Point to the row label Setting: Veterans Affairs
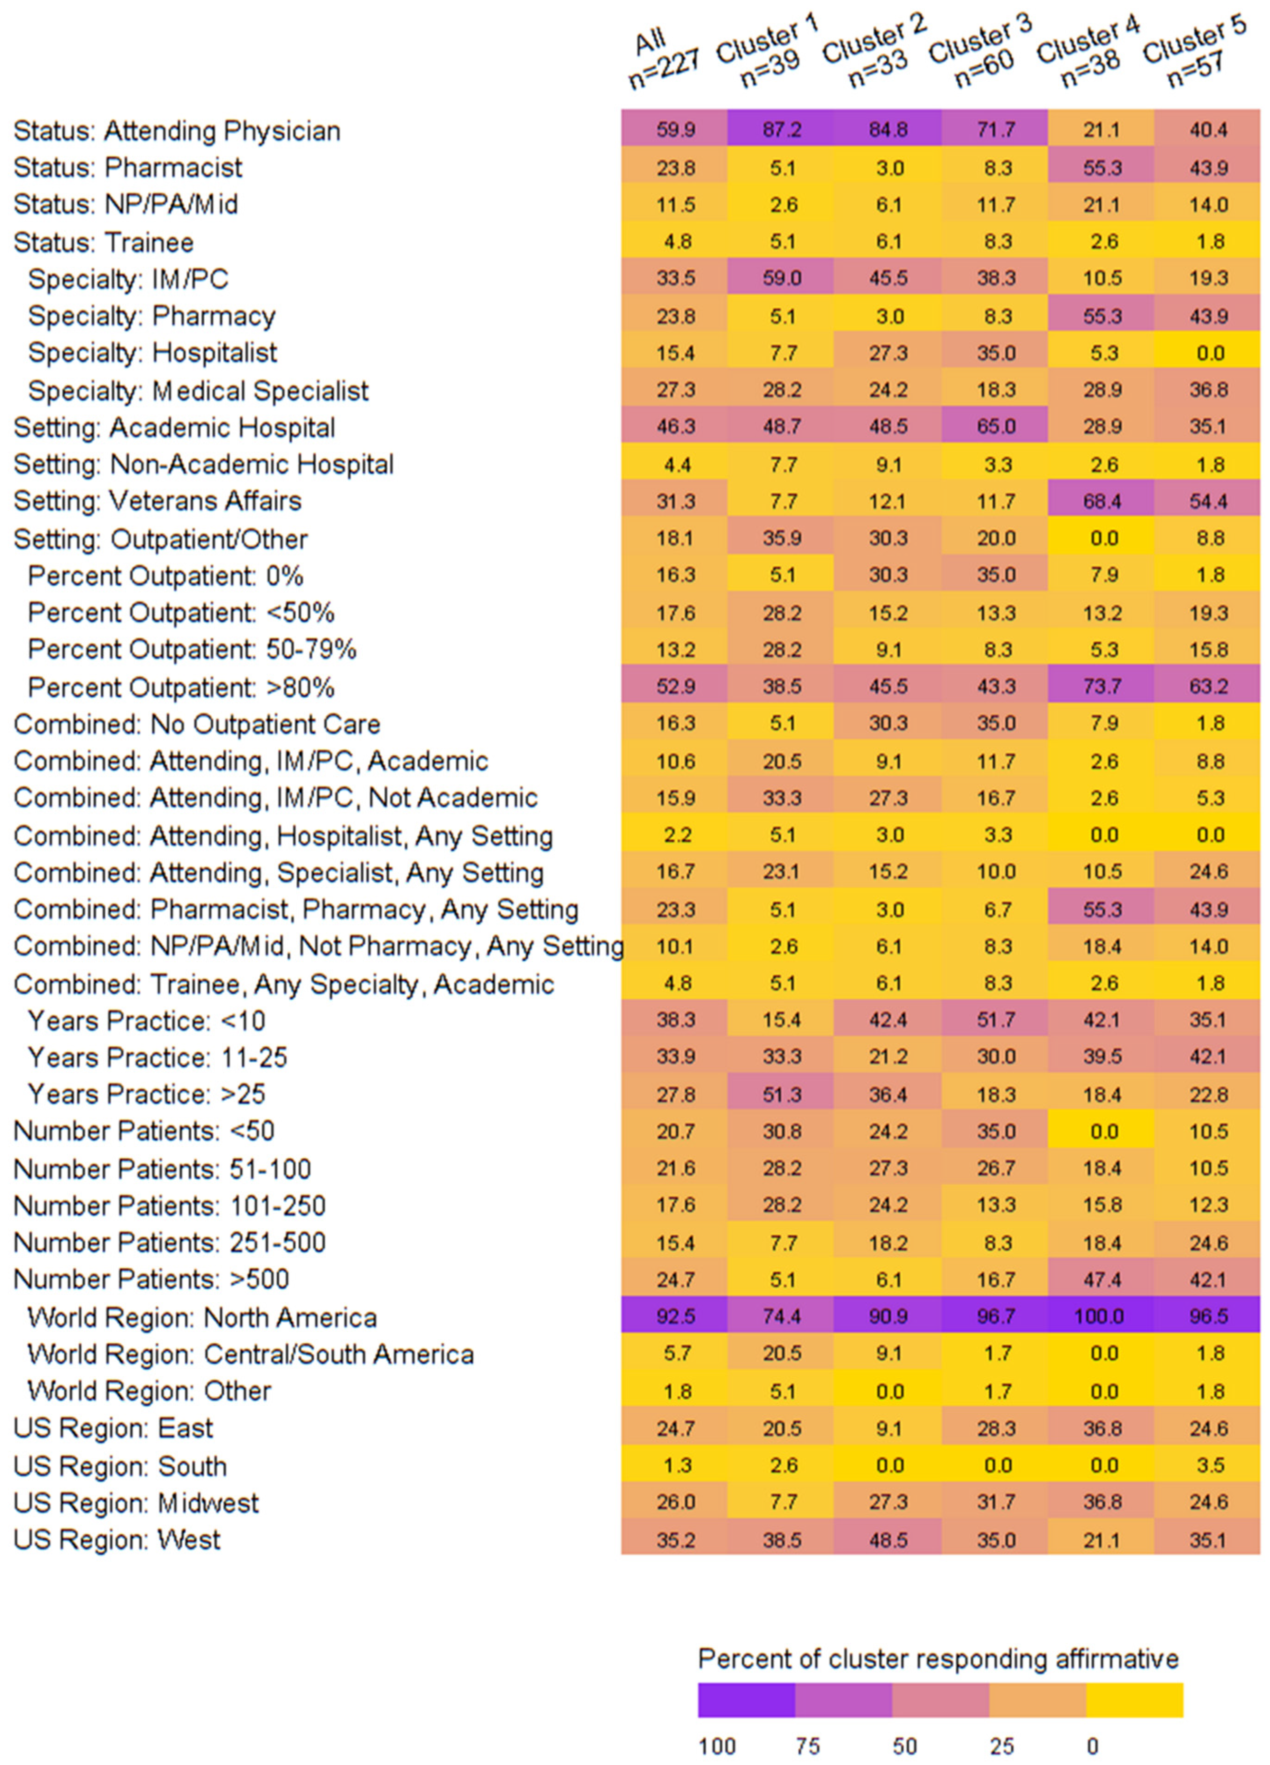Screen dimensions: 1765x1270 157,501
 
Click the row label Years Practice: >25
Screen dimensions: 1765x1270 146,1094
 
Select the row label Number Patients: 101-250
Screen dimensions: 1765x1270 170,1206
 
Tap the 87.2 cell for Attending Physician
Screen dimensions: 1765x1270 781,129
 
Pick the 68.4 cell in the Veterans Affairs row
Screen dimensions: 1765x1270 1101,501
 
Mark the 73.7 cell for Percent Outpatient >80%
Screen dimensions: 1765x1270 1101,686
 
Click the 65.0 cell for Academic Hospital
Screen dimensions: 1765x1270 995,427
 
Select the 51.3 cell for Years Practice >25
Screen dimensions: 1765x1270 781,1094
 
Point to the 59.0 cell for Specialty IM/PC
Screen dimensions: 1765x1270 781,278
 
